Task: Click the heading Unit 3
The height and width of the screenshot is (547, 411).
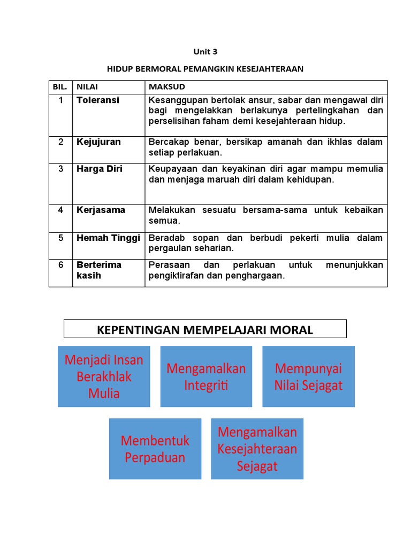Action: [205, 52]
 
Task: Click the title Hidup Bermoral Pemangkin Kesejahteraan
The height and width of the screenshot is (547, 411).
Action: [205, 69]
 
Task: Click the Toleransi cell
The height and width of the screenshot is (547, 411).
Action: [98, 100]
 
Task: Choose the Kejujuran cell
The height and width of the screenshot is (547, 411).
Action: [98, 142]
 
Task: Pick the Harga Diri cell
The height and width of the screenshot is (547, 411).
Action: [100, 168]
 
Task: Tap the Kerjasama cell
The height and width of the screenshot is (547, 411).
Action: [101, 210]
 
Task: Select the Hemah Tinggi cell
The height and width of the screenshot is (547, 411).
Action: [108, 238]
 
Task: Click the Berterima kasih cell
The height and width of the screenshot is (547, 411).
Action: [99, 270]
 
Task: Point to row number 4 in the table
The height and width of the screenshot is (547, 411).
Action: [60, 210]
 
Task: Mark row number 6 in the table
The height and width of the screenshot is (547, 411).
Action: [60, 265]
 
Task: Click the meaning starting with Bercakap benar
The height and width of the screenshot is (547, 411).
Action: [265, 147]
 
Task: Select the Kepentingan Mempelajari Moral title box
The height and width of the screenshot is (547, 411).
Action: [205, 330]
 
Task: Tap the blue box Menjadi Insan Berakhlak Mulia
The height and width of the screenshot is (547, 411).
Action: [104, 377]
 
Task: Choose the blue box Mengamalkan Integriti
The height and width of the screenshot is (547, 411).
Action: [206, 377]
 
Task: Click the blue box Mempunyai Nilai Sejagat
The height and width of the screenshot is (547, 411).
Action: [308, 377]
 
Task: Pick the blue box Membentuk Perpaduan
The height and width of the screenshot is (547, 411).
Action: [155, 449]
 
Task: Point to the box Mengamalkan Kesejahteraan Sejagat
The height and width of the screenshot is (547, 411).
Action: [257, 449]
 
